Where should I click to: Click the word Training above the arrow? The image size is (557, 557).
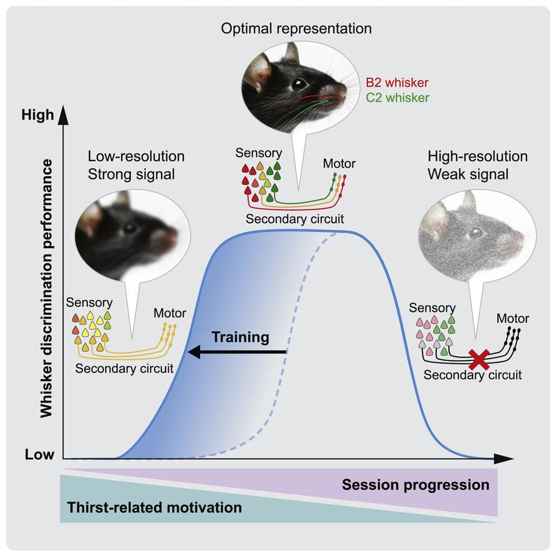point(240,337)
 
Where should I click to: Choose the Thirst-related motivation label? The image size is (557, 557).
point(154,508)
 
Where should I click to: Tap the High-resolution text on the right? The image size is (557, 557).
point(477,156)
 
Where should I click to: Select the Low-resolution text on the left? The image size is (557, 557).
point(136,156)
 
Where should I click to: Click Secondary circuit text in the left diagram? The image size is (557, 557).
point(124,368)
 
